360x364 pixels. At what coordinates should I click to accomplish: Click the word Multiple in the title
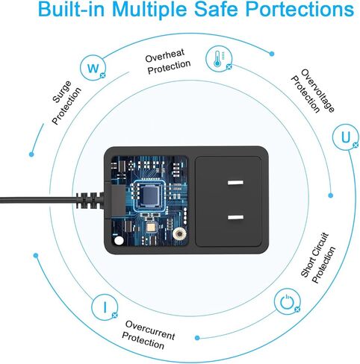(149, 9)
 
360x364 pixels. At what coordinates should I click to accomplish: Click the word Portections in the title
(300, 9)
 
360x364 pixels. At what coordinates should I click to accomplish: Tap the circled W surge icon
(93, 68)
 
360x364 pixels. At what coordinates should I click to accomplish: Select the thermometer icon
(219, 59)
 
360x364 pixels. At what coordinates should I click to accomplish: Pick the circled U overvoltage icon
(346, 137)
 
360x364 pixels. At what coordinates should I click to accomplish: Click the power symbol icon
(287, 301)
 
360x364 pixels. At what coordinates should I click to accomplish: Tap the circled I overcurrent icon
(105, 307)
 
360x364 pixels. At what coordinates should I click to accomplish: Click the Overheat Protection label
(167, 61)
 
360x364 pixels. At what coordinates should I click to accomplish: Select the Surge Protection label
(66, 102)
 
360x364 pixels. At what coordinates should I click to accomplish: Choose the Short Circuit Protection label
(318, 258)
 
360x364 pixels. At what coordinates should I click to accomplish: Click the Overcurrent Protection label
(149, 335)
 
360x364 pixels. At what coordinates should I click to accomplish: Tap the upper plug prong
(235, 183)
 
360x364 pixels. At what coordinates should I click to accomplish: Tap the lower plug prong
(235, 218)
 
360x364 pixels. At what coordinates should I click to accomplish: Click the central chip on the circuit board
(149, 195)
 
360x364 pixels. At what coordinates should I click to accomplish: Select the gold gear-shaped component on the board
(179, 233)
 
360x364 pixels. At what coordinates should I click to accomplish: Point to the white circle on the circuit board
(119, 241)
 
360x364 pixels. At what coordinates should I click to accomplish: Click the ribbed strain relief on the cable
(89, 200)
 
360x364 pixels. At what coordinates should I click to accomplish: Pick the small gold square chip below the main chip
(151, 228)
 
